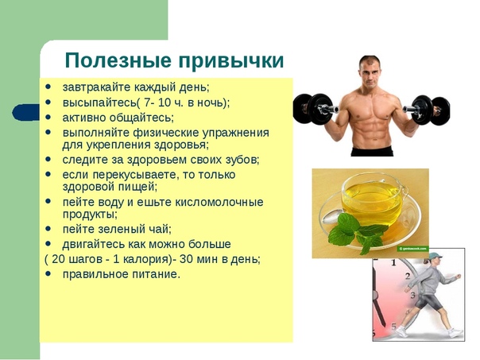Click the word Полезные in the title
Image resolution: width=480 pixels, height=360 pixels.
(118, 60)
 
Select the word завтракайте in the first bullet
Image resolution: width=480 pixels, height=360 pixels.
(97, 87)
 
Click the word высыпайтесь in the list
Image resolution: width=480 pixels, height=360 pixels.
(99, 103)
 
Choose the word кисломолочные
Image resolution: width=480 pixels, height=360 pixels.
(219, 202)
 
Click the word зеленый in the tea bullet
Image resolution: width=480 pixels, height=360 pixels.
(121, 229)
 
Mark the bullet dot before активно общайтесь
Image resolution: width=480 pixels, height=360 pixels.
(48, 117)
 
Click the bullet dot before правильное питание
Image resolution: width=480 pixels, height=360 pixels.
(48, 273)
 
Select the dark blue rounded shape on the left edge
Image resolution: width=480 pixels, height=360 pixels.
(26, 112)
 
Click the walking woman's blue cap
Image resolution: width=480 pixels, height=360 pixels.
(435, 256)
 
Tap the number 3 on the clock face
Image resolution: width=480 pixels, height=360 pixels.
(413, 296)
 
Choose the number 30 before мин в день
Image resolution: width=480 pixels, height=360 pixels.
(186, 259)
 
